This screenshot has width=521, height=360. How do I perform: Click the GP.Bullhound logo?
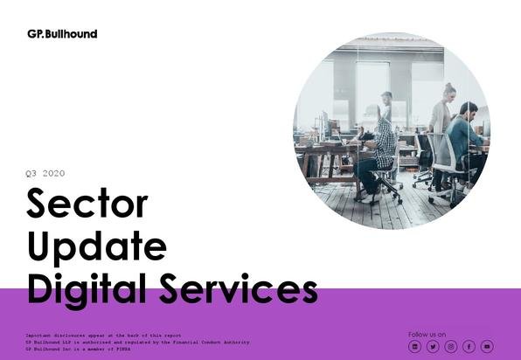click(x=62, y=34)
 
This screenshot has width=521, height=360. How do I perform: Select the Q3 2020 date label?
click(x=45, y=173)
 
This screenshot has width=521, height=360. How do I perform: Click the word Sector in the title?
click(x=87, y=203)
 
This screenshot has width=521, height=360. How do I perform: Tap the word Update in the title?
click(x=97, y=247)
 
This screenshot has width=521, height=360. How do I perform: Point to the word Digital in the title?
click(x=87, y=290)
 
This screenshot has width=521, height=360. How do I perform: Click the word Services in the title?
click(x=239, y=288)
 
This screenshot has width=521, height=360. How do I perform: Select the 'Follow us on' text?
click(x=427, y=335)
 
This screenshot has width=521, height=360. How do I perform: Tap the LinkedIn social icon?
click(x=414, y=347)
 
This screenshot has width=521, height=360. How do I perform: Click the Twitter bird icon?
click(x=433, y=347)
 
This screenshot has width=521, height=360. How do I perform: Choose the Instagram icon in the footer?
click(x=450, y=347)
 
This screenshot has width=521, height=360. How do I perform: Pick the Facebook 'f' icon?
click(x=469, y=347)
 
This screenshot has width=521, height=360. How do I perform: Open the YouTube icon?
click(x=487, y=347)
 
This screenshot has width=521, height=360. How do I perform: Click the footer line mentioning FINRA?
click(x=78, y=349)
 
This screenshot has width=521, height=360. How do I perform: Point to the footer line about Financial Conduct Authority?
click(x=137, y=342)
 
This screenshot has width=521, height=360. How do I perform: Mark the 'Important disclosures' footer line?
click(x=103, y=336)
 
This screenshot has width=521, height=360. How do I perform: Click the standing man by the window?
click(x=386, y=107)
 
